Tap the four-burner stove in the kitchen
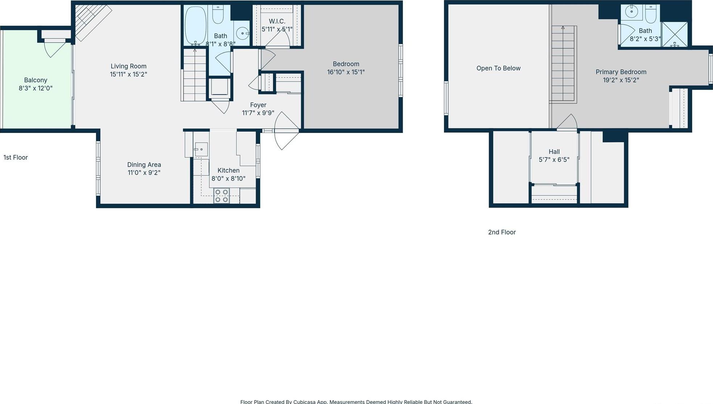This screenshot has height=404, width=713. point(221,196)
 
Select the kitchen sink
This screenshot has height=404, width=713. point(200,149)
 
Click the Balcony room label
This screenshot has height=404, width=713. point(36,80)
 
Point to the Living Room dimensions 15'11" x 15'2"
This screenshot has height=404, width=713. point(128,74)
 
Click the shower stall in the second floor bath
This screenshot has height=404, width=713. point(675,34)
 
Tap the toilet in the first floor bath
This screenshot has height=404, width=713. point(218,14)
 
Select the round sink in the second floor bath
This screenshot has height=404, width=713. point(632,12)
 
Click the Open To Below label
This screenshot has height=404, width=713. point(498,68)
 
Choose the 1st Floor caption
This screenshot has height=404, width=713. point(16,157)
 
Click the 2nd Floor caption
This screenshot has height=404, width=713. point(502,232)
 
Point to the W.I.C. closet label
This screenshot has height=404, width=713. point(277,21)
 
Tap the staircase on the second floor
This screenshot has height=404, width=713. point(563,63)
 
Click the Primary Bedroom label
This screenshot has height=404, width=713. point(621,72)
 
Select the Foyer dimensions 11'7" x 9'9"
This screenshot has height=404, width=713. point(258,113)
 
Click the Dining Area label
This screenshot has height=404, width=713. point(144,164)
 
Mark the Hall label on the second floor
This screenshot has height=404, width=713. point(554,152)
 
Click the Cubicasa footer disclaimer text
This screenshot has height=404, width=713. point(356,401)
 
